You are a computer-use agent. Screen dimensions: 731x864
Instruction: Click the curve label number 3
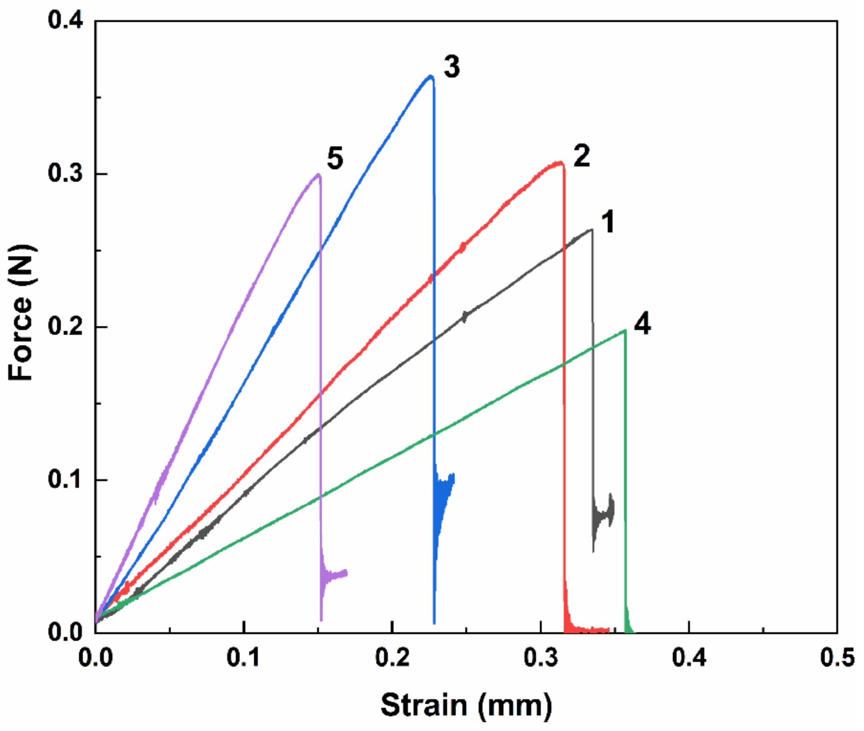pyautogui.click(x=451, y=67)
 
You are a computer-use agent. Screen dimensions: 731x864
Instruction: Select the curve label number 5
pyautogui.click(x=335, y=158)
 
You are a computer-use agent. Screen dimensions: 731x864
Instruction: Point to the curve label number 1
pyautogui.click(x=608, y=222)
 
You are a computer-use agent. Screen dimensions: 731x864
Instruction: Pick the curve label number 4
pyautogui.click(x=642, y=324)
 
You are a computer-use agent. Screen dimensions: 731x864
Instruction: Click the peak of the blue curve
pyautogui.click(x=431, y=76)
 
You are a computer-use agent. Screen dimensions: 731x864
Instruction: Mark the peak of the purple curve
pyautogui.click(x=318, y=175)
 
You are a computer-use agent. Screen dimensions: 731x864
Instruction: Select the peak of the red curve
pyautogui.click(x=560, y=163)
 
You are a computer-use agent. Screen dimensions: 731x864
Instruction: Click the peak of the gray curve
pyautogui.click(x=591, y=229)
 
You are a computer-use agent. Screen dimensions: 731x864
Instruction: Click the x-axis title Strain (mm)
pyautogui.click(x=466, y=705)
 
